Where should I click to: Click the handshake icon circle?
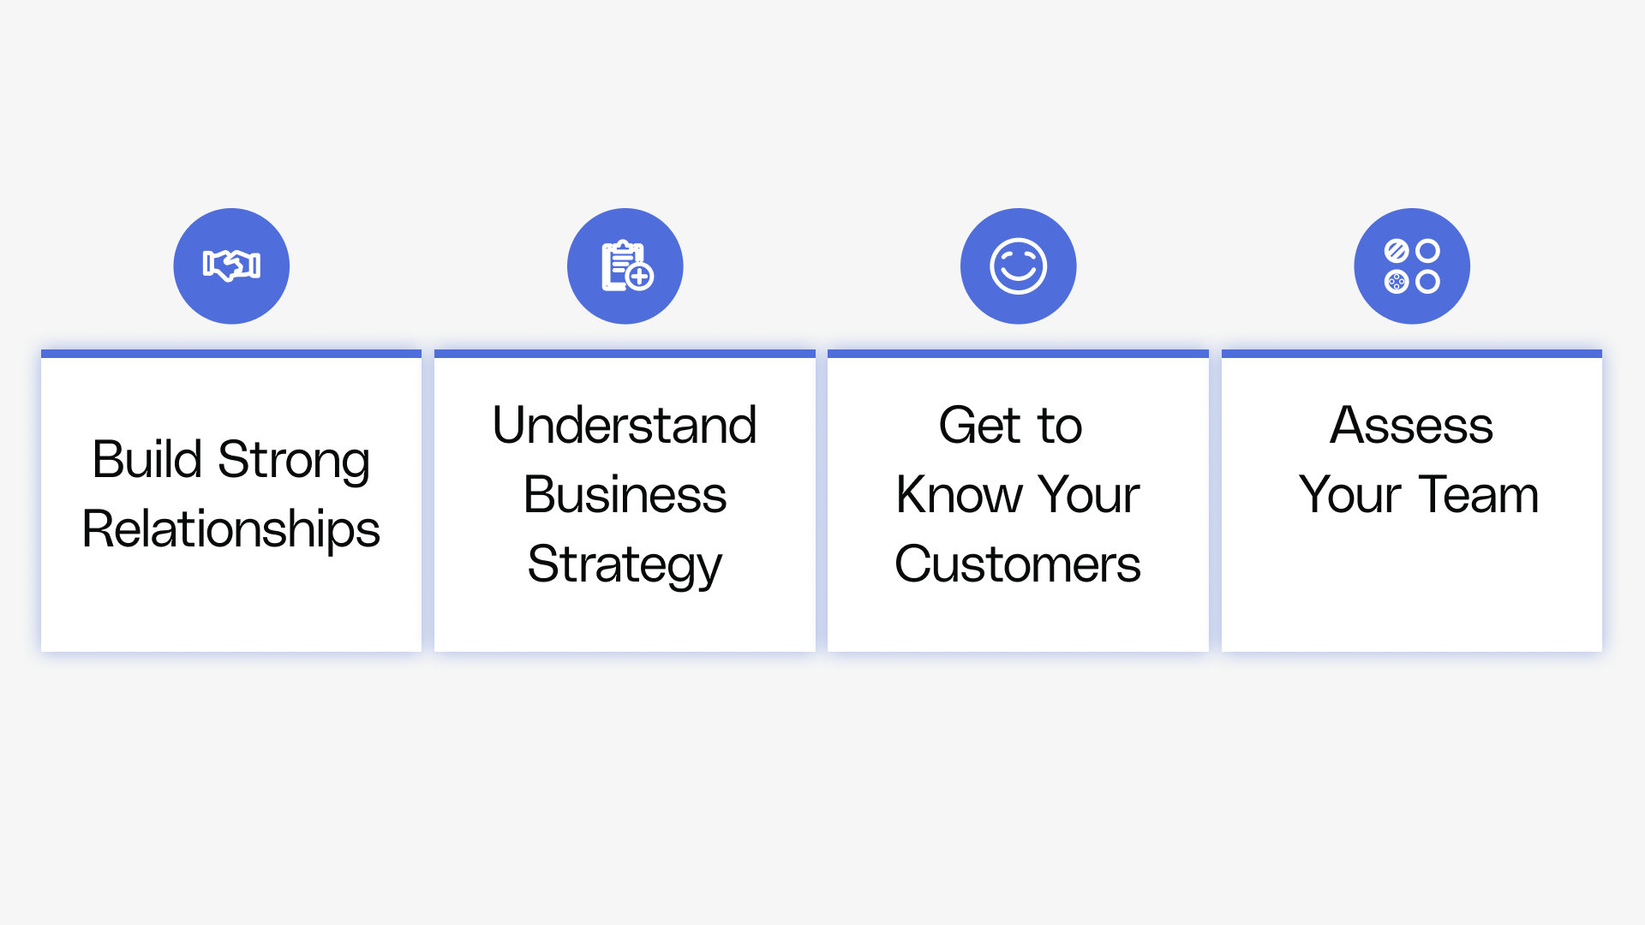tap(231, 266)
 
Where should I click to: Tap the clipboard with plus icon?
tap(627, 266)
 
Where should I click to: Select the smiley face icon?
tap(1019, 266)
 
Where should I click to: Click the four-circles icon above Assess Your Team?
tap(1412, 266)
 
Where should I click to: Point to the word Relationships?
tap(231, 529)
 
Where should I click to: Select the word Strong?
tap(294, 461)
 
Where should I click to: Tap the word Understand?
tap(625, 425)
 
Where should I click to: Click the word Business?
tap(625, 494)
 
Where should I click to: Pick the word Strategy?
tap(625, 565)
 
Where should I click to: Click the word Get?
tap(980, 425)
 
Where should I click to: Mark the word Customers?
tap(1018, 564)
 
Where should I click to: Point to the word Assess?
tap(1412, 425)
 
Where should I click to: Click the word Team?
tap(1479, 494)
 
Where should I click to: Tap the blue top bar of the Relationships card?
tap(231, 353)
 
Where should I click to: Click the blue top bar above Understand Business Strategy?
tap(625, 353)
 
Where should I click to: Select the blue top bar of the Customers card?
tap(1018, 353)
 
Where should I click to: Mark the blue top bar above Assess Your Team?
tap(1412, 353)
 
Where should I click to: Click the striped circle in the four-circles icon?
tap(1397, 251)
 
